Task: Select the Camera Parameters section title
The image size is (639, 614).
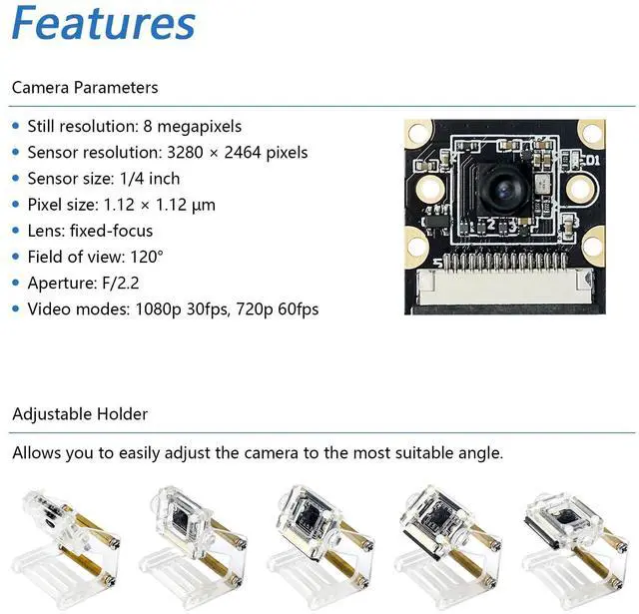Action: (85, 88)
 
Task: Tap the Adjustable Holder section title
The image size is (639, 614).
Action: (80, 413)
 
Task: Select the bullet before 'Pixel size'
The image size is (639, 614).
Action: (16, 205)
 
